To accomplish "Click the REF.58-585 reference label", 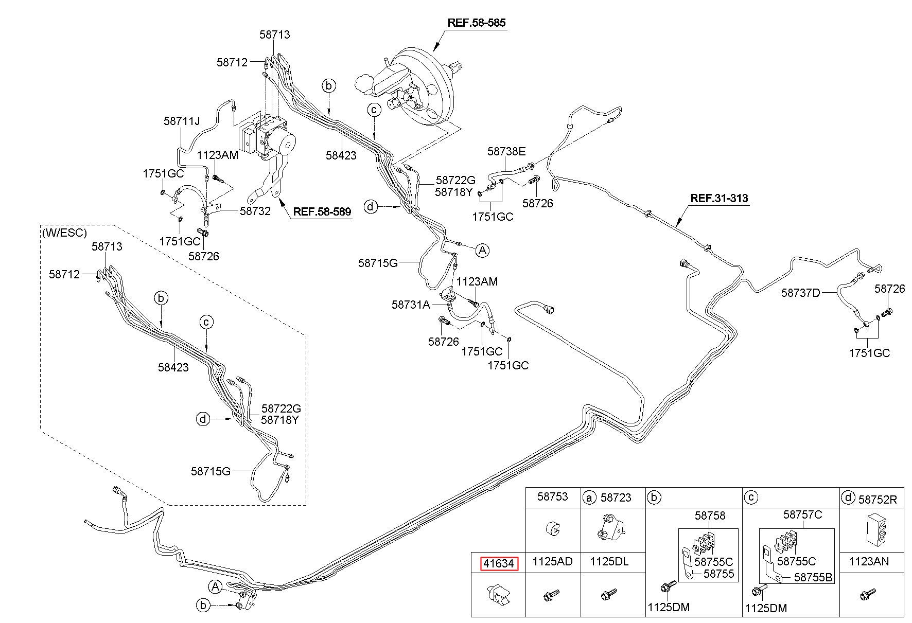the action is [476, 23].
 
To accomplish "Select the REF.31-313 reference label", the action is [719, 198].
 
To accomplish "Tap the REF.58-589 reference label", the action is [322, 211].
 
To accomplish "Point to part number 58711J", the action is [182, 121].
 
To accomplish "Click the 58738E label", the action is [507, 151].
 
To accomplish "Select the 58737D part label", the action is [801, 293].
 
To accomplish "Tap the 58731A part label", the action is [411, 305].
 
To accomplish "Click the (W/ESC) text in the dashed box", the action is [65, 233].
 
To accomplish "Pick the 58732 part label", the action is [255, 211].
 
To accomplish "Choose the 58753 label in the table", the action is [553, 496].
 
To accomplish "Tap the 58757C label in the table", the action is [803, 514].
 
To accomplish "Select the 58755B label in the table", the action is [813, 578].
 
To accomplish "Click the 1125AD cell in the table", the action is [552, 562].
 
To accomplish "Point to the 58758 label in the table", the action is [710, 515].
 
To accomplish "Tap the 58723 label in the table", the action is [616, 497].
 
